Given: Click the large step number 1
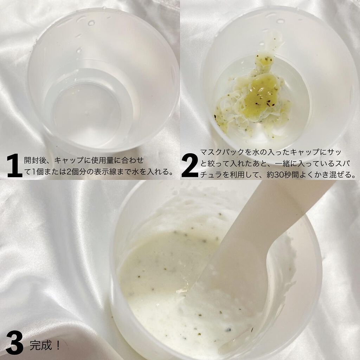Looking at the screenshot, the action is pos(14,166).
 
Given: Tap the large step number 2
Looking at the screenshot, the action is pos(190,165).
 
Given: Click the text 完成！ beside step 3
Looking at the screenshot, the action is pos(45,345).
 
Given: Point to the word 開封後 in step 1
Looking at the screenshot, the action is pos(35,160).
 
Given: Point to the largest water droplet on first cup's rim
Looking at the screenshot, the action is pos(91,23).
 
